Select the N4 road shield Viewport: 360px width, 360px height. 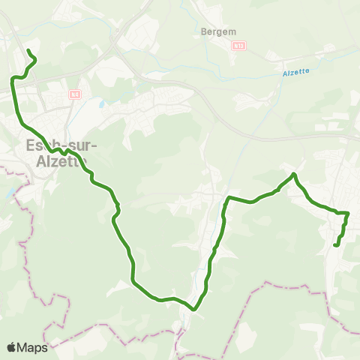click(74, 94)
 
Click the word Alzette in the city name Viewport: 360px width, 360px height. click(61, 160)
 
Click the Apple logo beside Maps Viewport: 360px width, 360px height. click(12, 347)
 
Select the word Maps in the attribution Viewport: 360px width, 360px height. click(33, 347)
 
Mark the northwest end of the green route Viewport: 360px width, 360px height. click(28, 50)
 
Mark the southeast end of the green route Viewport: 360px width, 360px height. click(334, 244)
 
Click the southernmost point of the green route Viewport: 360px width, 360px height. click(193, 308)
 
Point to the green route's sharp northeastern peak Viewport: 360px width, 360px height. click(294, 174)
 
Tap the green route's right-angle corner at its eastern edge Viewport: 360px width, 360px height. click(348, 213)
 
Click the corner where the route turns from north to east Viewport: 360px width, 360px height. click(228, 197)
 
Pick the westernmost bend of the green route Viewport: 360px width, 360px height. click(12, 78)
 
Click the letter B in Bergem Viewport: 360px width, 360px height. click(205, 32)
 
